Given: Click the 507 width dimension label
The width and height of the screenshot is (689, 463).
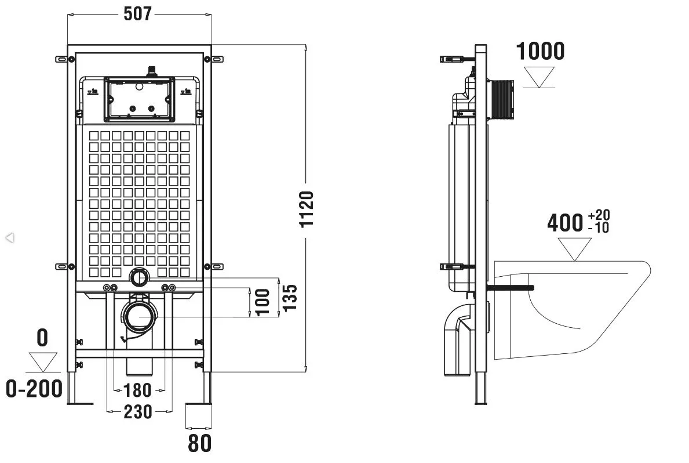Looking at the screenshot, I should (x=137, y=13).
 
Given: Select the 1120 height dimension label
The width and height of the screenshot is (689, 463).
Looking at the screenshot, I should (x=307, y=208).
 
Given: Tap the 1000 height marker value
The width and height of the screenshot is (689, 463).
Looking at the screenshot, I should (x=540, y=51).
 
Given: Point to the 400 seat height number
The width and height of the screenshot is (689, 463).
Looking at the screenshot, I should (x=565, y=223).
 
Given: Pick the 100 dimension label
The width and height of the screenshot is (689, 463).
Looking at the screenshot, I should (x=263, y=302).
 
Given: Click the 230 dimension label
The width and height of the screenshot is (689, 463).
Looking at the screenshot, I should (x=138, y=412).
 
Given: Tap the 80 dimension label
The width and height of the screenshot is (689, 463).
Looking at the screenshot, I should (x=199, y=443).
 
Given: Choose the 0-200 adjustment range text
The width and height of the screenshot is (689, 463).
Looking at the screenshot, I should (x=34, y=389).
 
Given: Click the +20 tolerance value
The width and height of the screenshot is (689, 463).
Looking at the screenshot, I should (x=599, y=216).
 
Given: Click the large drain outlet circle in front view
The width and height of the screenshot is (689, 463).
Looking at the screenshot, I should (x=140, y=317).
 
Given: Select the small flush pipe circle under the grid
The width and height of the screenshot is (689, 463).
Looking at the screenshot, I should (x=139, y=278).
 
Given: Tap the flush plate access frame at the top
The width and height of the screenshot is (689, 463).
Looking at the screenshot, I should (x=138, y=99).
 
